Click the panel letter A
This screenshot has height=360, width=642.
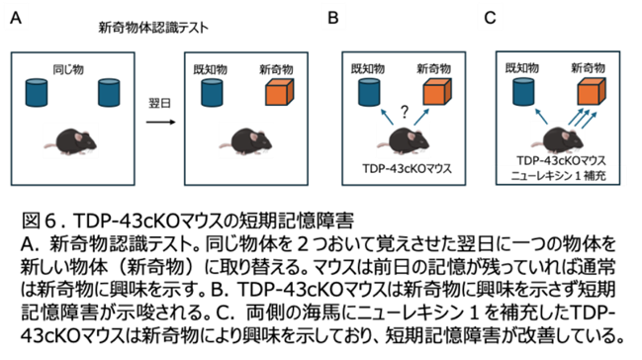pyautogui.click(x=16, y=18)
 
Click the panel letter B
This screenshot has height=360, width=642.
pyautogui.click(x=333, y=18)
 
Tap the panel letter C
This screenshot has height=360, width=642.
pyautogui.click(x=490, y=18)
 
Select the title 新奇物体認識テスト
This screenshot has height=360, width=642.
pyautogui.click(x=153, y=28)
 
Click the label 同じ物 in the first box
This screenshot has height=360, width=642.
pyautogui.click(x=68, y=69)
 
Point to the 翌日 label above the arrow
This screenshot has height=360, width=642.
pyautogui.click(x=159, y=103)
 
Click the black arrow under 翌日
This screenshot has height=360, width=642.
pyautogui.click(x=160, y=122)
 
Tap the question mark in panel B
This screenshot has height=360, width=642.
pyautogui.click(x=405, y=112)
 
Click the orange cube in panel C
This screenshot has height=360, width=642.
pyautogui.click(x=592, y=91)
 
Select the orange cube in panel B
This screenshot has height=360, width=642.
pyautogui.click(x=437, y=91)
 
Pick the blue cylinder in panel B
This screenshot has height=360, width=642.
pyautogui.click(x=369, y=92)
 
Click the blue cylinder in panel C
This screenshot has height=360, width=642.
pyautogui.click(x=523, y=92)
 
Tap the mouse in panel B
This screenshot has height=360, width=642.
pyautogui.click(x=404, y=141)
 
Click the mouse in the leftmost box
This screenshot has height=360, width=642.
pyautogui.click(x=70, y=141)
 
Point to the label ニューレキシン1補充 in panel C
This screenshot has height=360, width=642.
pyautogui.click(x=559, y=176)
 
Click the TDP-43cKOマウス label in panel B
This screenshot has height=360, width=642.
pyautogui.click(x=407, y=168)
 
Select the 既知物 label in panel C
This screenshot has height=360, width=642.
pyautogui.click(x=522, y=68)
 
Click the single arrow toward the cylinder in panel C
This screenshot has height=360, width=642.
pyautogui.click(x=541, y=116)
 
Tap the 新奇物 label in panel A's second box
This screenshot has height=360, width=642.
pyautogui.click(x=276, y=69)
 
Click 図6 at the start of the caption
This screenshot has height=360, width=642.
pyautogui.click(x=39, y=221)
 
